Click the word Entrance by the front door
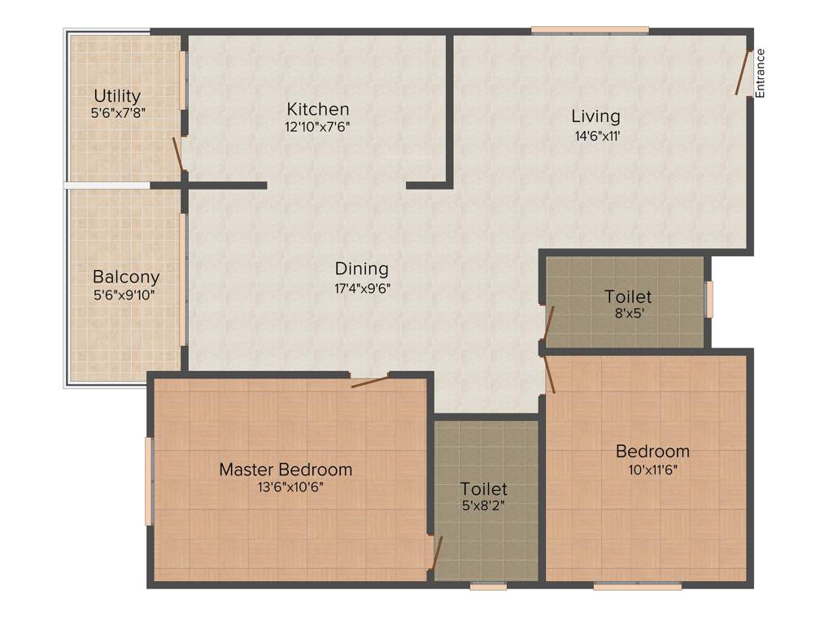coord(761,73)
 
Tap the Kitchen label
coord(318,109)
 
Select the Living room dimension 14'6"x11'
coord(595,136)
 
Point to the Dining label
coord(362,269)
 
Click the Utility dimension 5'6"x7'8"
coord(117,115)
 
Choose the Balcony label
coord(126,277)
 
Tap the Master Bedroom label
coord(286,470)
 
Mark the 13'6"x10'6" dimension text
coord(286,487)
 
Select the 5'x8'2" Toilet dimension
coord(483,507)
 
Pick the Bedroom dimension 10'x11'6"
coord(652,470)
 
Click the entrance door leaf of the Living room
coord(743,72)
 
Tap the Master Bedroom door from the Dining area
coord(370,380)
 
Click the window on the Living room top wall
coord(590,31)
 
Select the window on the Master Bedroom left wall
coord(149,481)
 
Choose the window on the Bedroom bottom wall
coord(637,585)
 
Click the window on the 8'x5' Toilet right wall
coord(709,299)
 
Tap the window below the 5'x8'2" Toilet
coord(488,585)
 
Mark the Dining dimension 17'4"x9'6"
coord(362,287)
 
